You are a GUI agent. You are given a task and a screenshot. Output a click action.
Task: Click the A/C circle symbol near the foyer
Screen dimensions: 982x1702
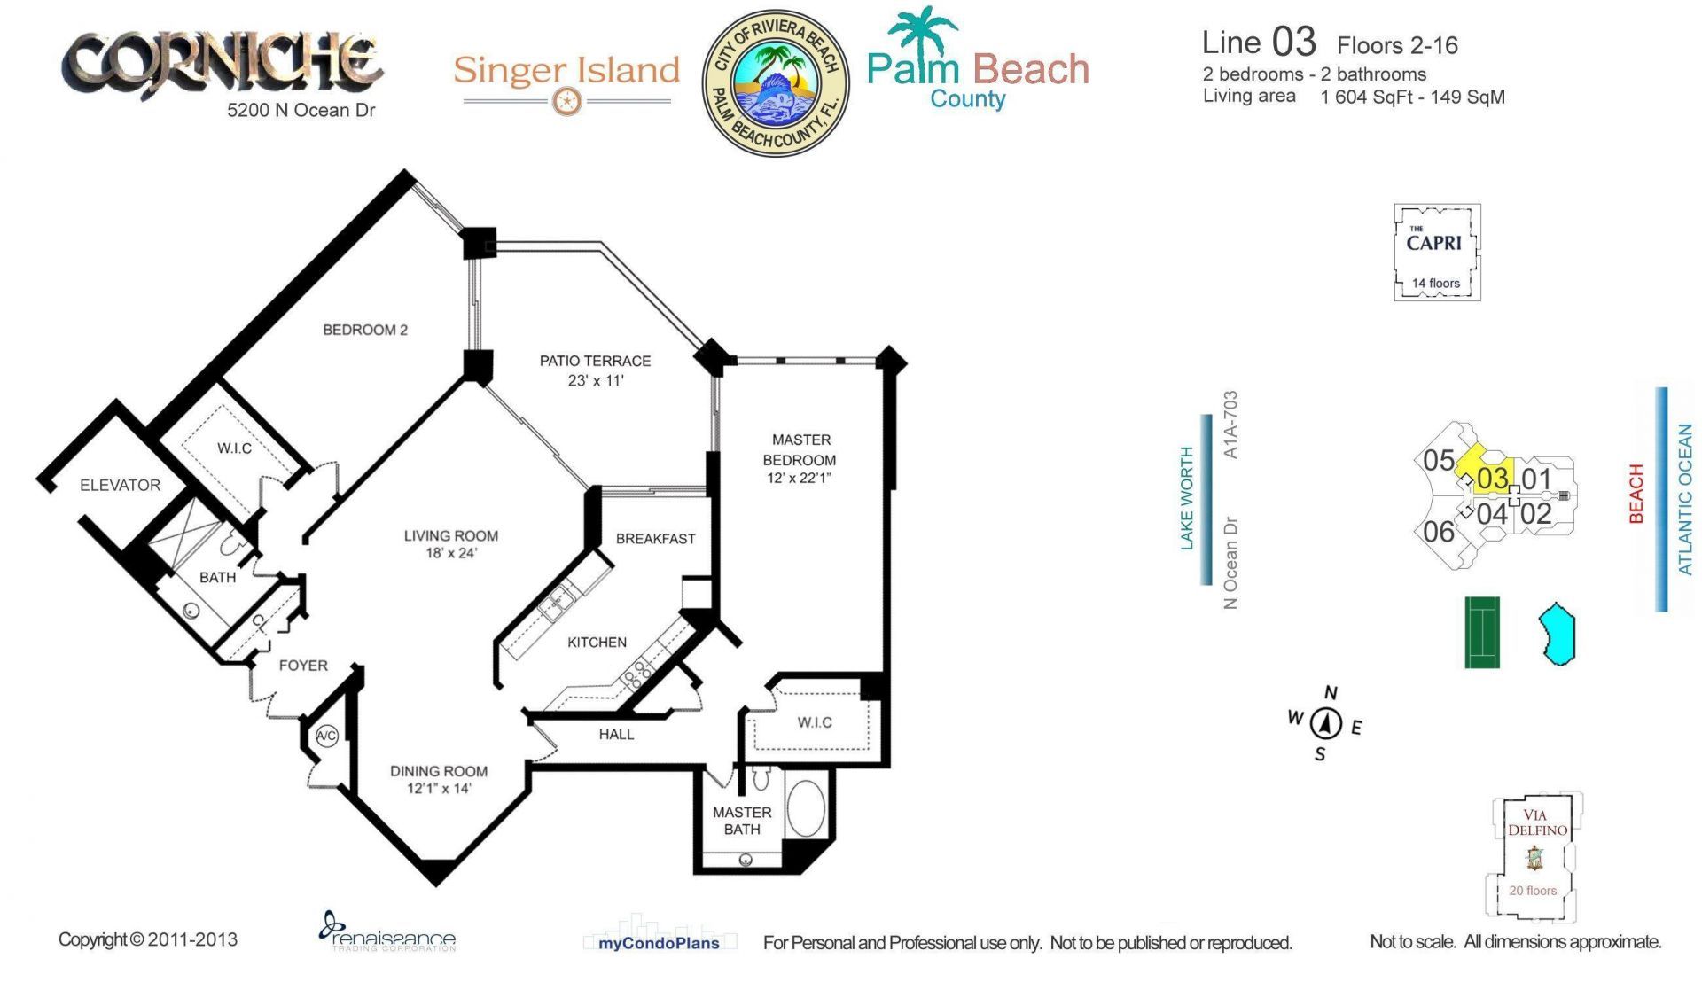pos(327,736)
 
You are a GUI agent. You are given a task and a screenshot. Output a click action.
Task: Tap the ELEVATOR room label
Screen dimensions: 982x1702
pos(120,485)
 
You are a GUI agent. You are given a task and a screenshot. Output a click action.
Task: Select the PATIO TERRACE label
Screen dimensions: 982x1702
pos(595,361)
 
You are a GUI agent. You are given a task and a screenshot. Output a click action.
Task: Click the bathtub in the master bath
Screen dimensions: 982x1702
pos(805,807)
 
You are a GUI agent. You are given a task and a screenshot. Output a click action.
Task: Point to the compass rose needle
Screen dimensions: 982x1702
pos(1326,724)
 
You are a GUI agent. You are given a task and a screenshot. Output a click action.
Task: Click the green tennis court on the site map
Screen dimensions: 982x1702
pos(1481,632)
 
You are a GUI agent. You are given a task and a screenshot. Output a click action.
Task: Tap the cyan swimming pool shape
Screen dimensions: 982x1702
pos(1558,634)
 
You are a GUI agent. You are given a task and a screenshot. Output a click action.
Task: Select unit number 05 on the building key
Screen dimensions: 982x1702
pos(1438,461)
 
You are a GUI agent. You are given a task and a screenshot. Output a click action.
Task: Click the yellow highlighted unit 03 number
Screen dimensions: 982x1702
pos(1492,479)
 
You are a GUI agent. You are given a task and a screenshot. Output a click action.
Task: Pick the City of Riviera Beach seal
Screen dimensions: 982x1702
pos(776,83)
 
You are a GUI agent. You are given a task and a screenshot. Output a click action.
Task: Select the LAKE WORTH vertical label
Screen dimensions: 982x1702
pos(1187,499)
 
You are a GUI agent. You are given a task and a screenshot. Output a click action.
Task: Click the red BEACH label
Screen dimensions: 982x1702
pos(1636,494)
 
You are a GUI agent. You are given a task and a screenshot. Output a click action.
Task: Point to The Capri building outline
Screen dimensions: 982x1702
pos(1437,253)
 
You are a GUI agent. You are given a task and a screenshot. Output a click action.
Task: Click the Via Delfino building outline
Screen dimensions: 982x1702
pos(1534,856)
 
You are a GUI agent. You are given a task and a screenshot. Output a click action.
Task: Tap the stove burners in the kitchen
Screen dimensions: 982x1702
pos(636,675)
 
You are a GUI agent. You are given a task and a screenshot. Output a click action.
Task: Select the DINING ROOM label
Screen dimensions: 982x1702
pos(438,771)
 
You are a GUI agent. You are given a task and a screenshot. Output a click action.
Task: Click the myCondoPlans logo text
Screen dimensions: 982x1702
pos(659,943)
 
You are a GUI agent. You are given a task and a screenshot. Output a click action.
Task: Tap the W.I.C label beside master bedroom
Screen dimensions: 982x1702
pos(814,722)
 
